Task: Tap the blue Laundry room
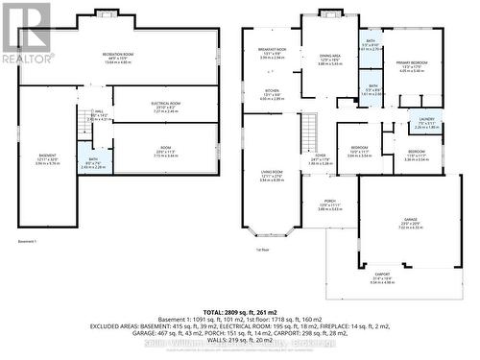(x=426, y=124)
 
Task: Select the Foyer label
(x=320, y=158)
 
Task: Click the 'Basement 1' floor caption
(x=27, y=242)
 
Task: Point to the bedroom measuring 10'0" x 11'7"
(x=360, y=152)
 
